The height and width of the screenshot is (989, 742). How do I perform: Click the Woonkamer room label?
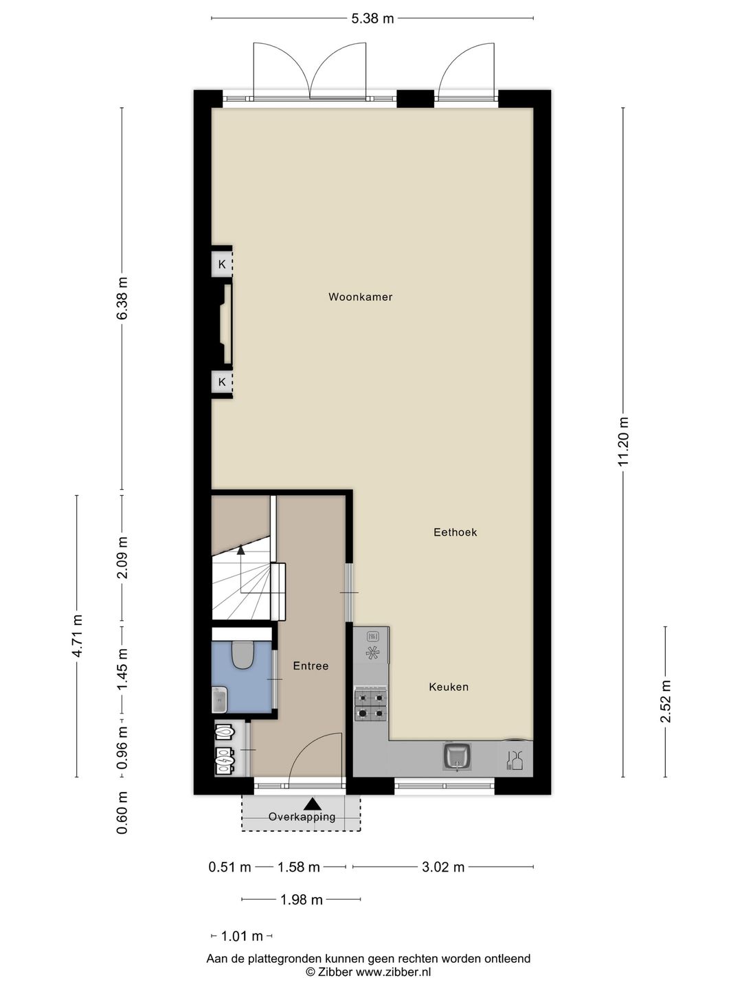coord(360,297)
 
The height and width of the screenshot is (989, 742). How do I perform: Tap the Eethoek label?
coord(455,532)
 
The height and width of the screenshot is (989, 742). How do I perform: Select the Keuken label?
coord(449,686)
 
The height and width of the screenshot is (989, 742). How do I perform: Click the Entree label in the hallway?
coord(311,666)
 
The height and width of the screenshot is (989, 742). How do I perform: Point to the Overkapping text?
coord(302,817)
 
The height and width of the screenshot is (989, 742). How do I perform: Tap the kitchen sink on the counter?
coord(457,756)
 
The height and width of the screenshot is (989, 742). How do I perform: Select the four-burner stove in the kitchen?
coord(370,705)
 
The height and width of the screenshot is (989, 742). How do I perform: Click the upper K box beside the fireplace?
coord(222,264)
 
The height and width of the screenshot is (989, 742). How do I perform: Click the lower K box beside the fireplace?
coord(222,381)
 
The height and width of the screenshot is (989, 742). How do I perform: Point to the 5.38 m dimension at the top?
coord(372,19)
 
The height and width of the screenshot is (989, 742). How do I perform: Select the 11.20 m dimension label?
coord(623,442)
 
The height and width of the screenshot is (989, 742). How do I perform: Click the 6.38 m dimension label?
coord(122,298)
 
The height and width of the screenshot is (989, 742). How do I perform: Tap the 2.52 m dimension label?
coord(664,701)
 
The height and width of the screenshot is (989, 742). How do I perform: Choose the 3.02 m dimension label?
coord(443,867)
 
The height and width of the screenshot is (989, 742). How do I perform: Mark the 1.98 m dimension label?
coord(301,899)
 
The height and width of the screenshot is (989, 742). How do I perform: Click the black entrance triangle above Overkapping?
coord(313,803)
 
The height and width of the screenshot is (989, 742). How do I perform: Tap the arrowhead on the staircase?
coord(240,549)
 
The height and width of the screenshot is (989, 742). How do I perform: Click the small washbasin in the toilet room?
coord(219,700)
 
